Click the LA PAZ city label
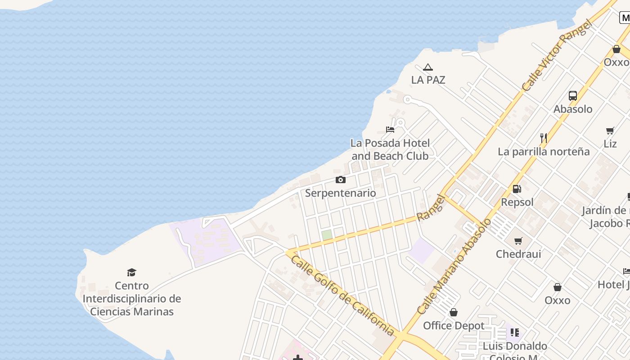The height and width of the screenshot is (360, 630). pos(428,80)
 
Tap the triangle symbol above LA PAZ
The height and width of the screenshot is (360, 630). pos(428,67)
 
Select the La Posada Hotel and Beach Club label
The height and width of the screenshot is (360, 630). pos(390,149)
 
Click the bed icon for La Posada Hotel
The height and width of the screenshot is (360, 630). pos(390,130)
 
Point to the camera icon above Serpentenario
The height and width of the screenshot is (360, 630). pos(341,180)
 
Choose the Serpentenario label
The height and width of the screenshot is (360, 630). pos(341,193)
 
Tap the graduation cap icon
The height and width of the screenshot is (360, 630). pos(131,272)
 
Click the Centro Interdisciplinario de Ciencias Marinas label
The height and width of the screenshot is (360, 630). pos(132,298)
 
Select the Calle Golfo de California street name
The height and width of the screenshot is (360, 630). pos(342,296)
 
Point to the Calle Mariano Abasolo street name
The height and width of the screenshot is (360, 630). pos(454,266)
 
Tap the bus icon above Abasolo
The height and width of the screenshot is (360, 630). pos(573,95)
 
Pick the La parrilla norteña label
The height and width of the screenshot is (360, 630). pos(544,152)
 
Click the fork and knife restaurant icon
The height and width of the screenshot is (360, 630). pos(544,138)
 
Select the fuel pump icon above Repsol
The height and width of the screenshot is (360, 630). pos(517,189)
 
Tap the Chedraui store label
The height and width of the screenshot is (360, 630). pos(518,254)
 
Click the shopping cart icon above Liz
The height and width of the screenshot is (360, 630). pos(610,130)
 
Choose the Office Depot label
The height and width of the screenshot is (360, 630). pos(454,325)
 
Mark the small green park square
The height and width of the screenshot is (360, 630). pos(327,235)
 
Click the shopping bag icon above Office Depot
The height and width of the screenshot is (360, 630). pos(454,312)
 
